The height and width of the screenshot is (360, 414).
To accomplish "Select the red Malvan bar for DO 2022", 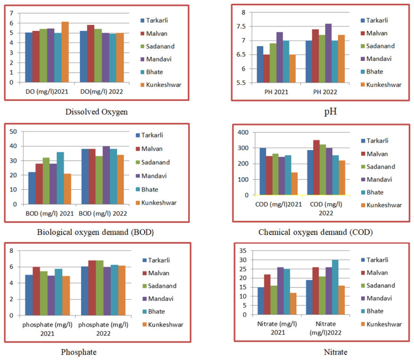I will [x=91, y=54].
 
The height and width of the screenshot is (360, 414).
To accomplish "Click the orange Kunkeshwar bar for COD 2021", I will [x=294, y=183].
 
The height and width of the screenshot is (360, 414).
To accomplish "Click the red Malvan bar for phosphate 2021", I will [x=36, y=291].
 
